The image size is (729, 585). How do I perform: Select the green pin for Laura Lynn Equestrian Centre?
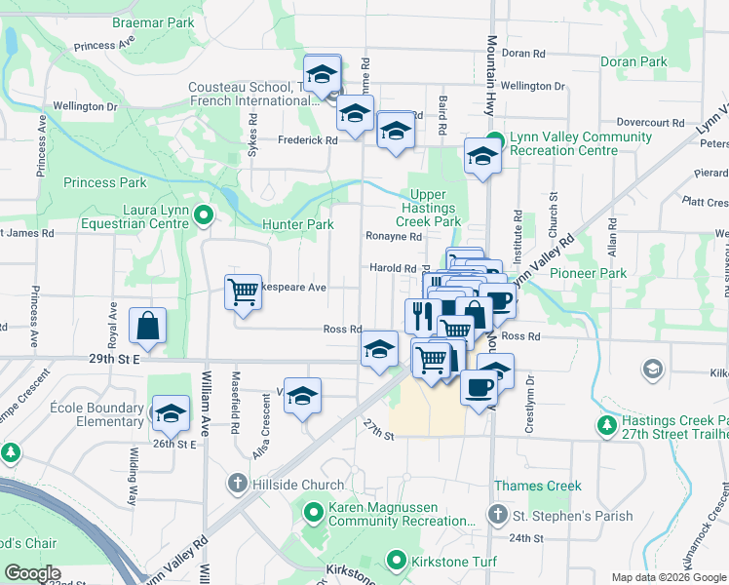pos(203,215)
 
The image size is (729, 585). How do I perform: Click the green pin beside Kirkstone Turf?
pos(396,561)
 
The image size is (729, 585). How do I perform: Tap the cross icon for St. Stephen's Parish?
pos(498,514)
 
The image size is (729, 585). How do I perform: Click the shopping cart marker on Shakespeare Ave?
pos(243,292)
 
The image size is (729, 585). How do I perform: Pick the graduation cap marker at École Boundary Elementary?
pos(171,413)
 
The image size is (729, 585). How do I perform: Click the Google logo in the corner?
pos(33,573)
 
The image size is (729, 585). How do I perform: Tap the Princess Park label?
pos(105,182)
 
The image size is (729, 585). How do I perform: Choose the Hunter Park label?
pos(298,224)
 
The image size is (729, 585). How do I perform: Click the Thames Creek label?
pos(537,486)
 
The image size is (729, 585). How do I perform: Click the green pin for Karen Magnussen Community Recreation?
pos(314,511)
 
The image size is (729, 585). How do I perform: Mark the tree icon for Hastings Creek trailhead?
pos(606,425)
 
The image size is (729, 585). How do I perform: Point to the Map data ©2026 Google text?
pos(670,576)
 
